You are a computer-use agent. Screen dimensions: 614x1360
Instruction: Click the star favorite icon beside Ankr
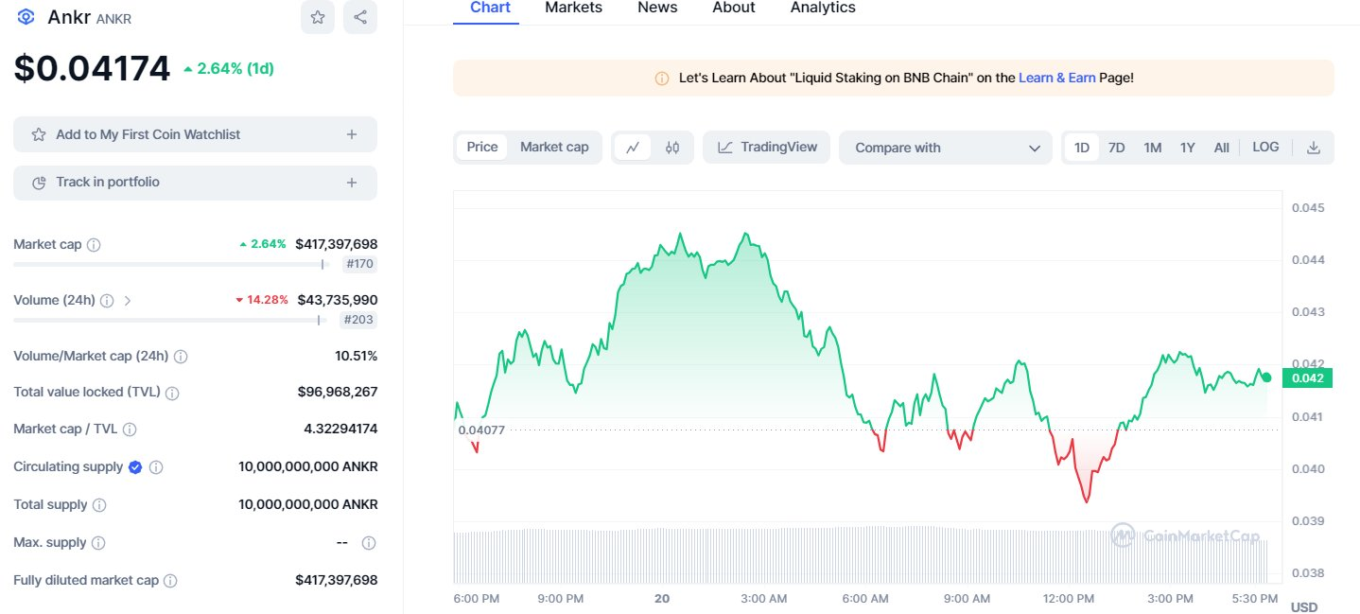[x=318, y=17]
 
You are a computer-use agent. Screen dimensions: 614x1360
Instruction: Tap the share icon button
[x=360, y=17]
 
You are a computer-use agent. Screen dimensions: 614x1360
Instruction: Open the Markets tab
[x=573, y=8]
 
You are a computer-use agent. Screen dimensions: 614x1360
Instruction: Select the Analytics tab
[x=822, y=8]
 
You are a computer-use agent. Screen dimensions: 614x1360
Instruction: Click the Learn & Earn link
[x=1056, y=78]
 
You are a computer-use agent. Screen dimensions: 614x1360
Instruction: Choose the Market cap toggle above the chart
[x=554, y=147]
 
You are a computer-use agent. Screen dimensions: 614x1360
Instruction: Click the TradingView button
[x=767, y=147]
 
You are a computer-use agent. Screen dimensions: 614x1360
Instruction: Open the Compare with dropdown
[x=945, y=148]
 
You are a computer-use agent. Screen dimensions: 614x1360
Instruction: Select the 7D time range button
[x=1116, y=148]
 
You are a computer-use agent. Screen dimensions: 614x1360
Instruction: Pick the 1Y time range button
[x=1188, y=148]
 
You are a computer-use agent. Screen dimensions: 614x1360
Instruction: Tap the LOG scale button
[x=1265, y=147]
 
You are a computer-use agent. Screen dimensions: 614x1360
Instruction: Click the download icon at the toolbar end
[x=1313, y=148]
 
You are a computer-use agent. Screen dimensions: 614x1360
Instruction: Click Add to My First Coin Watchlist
[x=195, y=134]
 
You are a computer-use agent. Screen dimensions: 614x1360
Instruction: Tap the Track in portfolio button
[x=195, y=182]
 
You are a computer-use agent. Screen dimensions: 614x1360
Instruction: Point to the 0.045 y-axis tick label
[x=1310, y=207]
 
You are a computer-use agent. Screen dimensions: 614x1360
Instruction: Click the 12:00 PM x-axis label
[x=1069, y=598]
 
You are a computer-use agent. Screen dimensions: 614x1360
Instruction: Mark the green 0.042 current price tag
[x=1307, y=378]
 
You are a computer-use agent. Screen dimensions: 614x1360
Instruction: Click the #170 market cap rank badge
[x=359, y=264]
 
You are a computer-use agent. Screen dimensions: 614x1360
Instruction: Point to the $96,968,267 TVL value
[x=338, y=391]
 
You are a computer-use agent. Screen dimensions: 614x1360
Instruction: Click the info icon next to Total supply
[x=99, y=505]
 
